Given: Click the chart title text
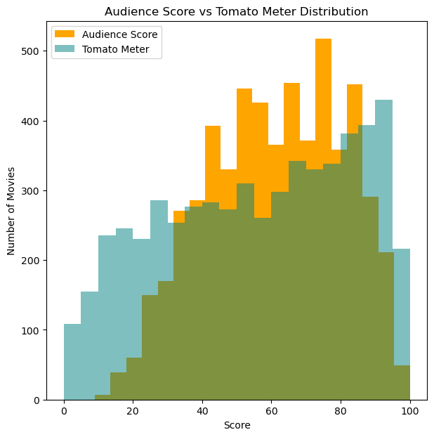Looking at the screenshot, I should (x=236, y=12).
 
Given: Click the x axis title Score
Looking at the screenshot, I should (x=236, y=426).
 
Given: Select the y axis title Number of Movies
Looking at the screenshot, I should (x=11, y=211).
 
